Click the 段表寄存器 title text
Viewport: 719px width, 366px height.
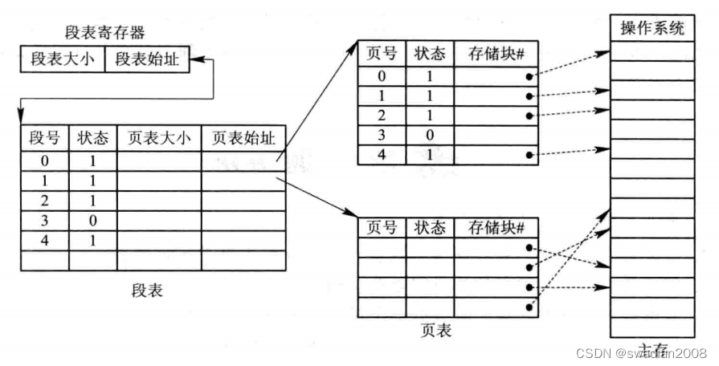pos(104,34)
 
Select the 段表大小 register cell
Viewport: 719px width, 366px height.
pos(63,59)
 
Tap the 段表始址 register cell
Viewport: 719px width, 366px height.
pos(147,59)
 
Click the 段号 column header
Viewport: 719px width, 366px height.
pos(44,137)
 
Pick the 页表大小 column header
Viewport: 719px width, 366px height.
pos(159,137)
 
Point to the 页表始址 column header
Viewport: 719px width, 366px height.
pos(243,137)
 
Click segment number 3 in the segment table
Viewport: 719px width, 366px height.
pos(44,219)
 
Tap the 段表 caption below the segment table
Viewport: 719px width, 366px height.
pos(146,290)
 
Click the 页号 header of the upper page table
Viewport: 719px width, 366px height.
pos(381,55)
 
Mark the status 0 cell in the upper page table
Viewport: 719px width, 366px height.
pos(429,134)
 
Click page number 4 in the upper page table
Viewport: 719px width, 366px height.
pos(381,153)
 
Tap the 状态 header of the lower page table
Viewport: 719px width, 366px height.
pos(429,228)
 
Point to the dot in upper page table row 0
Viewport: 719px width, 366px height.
pos(529,77)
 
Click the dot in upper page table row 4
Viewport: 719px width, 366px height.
pos(529,154)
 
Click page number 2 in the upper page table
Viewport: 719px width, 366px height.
pos(381,115)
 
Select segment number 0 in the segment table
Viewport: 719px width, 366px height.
pos(44,161)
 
